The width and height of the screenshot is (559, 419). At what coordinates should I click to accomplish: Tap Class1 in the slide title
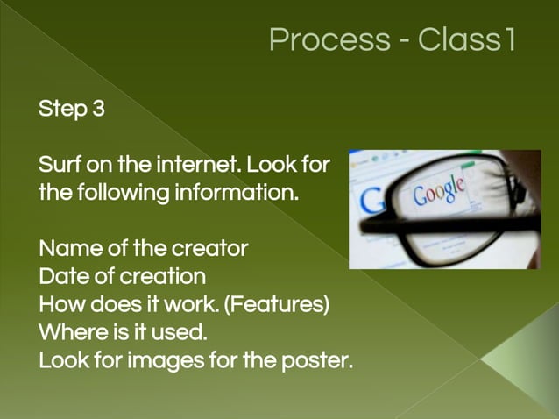[x=468, y=40]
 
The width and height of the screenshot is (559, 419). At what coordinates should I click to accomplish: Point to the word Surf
[x=59, y=166]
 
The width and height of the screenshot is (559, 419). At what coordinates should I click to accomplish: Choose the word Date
[x=63, y=276]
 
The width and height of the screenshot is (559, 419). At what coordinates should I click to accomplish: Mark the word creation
[x=162, y=276]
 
